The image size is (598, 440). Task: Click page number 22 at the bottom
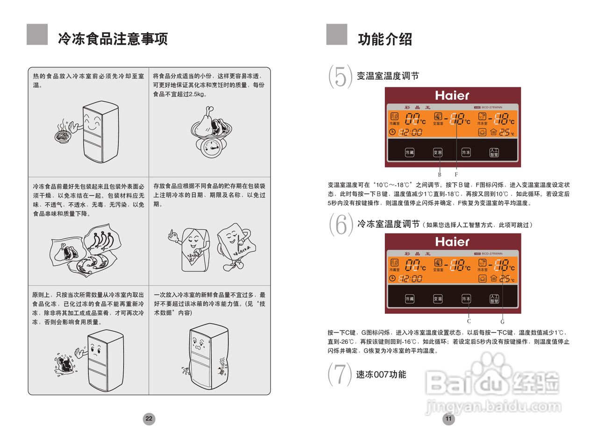click(x=149, y=419)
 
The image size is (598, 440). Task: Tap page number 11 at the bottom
click(x=448, y=419)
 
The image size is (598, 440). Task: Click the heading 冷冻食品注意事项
click(x=113, y=39)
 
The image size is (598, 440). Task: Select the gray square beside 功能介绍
click(x=336, y=35)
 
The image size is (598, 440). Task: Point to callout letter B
click(x=440, y=174)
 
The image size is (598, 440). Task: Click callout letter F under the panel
click(x=456, y=174)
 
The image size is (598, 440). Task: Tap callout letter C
click(x=469, y=321)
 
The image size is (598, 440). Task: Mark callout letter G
click(x=502, y=321)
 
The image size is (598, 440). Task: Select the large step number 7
click(x=340, y=374)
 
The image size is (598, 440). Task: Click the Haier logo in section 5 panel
click(x=452, y=95)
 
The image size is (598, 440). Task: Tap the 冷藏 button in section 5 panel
click(x=409, y=152)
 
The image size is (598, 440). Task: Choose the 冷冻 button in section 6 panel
click(x=466, y=298)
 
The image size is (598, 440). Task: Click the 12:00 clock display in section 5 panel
click(x=411, y=133)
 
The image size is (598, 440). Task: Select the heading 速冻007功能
click(x=381, y=375)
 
